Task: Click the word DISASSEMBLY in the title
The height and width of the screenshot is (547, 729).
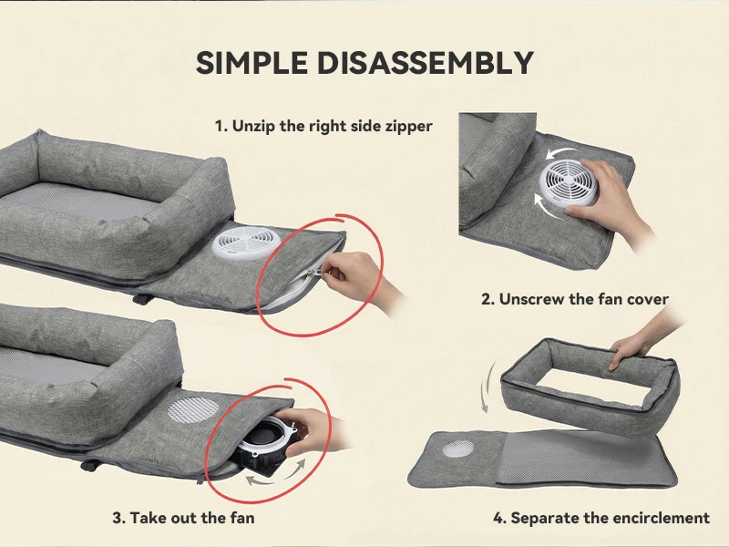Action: [426, 63]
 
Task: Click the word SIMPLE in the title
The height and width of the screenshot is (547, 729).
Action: [252, 63]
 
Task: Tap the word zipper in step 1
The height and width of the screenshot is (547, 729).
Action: [409, 127]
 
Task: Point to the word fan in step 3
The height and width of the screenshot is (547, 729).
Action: [241, 518]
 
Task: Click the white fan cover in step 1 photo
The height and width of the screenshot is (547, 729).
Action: [246, 243]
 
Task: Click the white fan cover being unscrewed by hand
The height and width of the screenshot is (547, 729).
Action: [569, 182]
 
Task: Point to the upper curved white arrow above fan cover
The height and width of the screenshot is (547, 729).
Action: [561, 152]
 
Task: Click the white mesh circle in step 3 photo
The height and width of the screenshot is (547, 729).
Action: [193, 409]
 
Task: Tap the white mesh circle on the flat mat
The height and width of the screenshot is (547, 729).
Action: [458, 449]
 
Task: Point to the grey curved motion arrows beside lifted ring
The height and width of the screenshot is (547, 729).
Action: [487, 387]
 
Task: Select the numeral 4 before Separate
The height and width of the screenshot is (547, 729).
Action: [498, 518]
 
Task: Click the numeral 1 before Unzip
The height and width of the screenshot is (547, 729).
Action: [220, 126]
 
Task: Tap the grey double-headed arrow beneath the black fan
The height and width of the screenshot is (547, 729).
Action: [276, 473]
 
